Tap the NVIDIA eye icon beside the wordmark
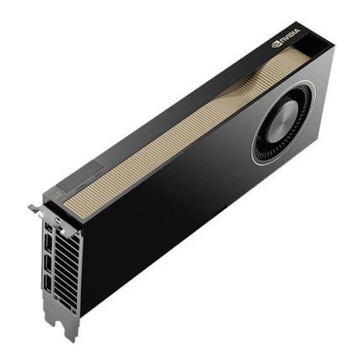tap(277, 42)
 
